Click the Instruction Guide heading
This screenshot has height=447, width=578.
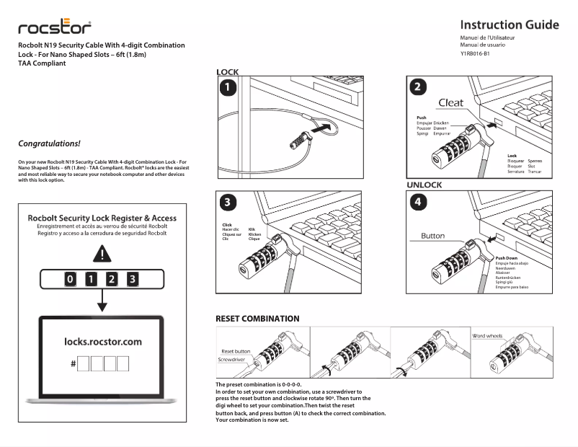point(509,25)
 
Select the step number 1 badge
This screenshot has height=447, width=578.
point(228,89)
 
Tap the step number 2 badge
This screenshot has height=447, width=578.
point(419,87)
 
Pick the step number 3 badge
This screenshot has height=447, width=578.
point(228,202)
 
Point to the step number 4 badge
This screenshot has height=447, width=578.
point(419,202)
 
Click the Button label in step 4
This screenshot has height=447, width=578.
point(432,236)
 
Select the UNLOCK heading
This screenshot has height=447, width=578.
point(424,185)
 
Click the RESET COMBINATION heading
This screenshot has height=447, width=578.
point(257,318)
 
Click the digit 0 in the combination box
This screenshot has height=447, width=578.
point(69,278)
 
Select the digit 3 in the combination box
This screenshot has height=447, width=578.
point(133,278)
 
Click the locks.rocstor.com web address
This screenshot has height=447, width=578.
point(103,342)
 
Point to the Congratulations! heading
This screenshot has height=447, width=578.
point(49,143)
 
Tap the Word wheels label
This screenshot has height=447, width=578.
point(487,336)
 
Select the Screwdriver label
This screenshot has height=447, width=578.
point(231,359)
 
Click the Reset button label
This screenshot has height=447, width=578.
point(236,351)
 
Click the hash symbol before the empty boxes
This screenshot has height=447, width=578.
point(74,364)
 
